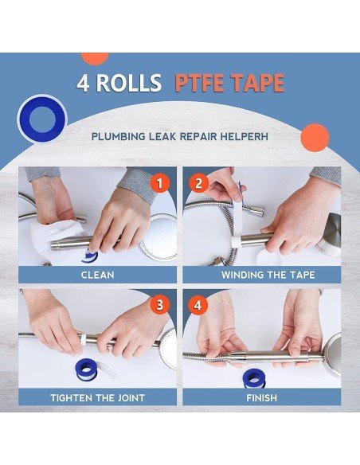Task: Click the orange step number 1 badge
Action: tap(159, 183)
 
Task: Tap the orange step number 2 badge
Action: tap(198, 183)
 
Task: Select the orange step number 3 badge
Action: tap(159, 305)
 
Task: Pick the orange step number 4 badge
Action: tap(198, 305)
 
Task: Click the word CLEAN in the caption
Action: tap(97, 275)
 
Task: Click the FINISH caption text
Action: tap(261, 397)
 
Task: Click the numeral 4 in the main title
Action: tap(84, 83)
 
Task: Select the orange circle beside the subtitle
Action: tap(315, 138)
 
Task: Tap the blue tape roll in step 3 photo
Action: tap(87, 369)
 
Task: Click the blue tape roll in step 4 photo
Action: tap(252, 379)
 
